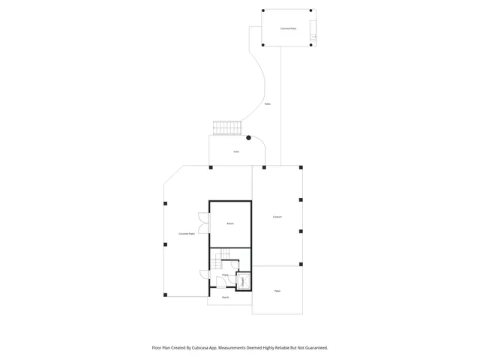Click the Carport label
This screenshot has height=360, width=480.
pyautogui.click(x=277, y=217)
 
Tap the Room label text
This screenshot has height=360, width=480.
pyautogui.click(x=230, y=223)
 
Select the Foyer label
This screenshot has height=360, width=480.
pyautogui.click(x=225, y=275)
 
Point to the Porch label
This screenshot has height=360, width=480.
pyautogui.click(x=225, y=298)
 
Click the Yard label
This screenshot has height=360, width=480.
pyautogui.click(x=235, y=151)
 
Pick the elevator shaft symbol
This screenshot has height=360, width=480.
pyautogui.click(x=243, y=282)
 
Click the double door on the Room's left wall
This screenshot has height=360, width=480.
pyautogui.click(x=203, y=223)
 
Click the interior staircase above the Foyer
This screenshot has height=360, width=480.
pyautogui.click(x=219, y=261)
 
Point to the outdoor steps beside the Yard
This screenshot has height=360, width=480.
pyautogui.click(x=226, y=127)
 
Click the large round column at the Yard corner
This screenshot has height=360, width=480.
pyautogui.click(x=249, y=137)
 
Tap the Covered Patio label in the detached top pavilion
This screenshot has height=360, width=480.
pyautogui.click(x=288, y=28)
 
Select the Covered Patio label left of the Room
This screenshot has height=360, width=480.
pyautogui.click(x=187, y=234)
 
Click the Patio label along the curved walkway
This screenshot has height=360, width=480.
pyautogui.click(x=268, y=104)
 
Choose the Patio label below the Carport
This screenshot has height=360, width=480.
pyautogui.click(x=277, y=291)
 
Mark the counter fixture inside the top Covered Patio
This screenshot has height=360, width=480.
pyautogui.click(x=313, y=31)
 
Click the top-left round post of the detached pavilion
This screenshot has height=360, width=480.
pyautogui.click(x=263, y=10)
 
